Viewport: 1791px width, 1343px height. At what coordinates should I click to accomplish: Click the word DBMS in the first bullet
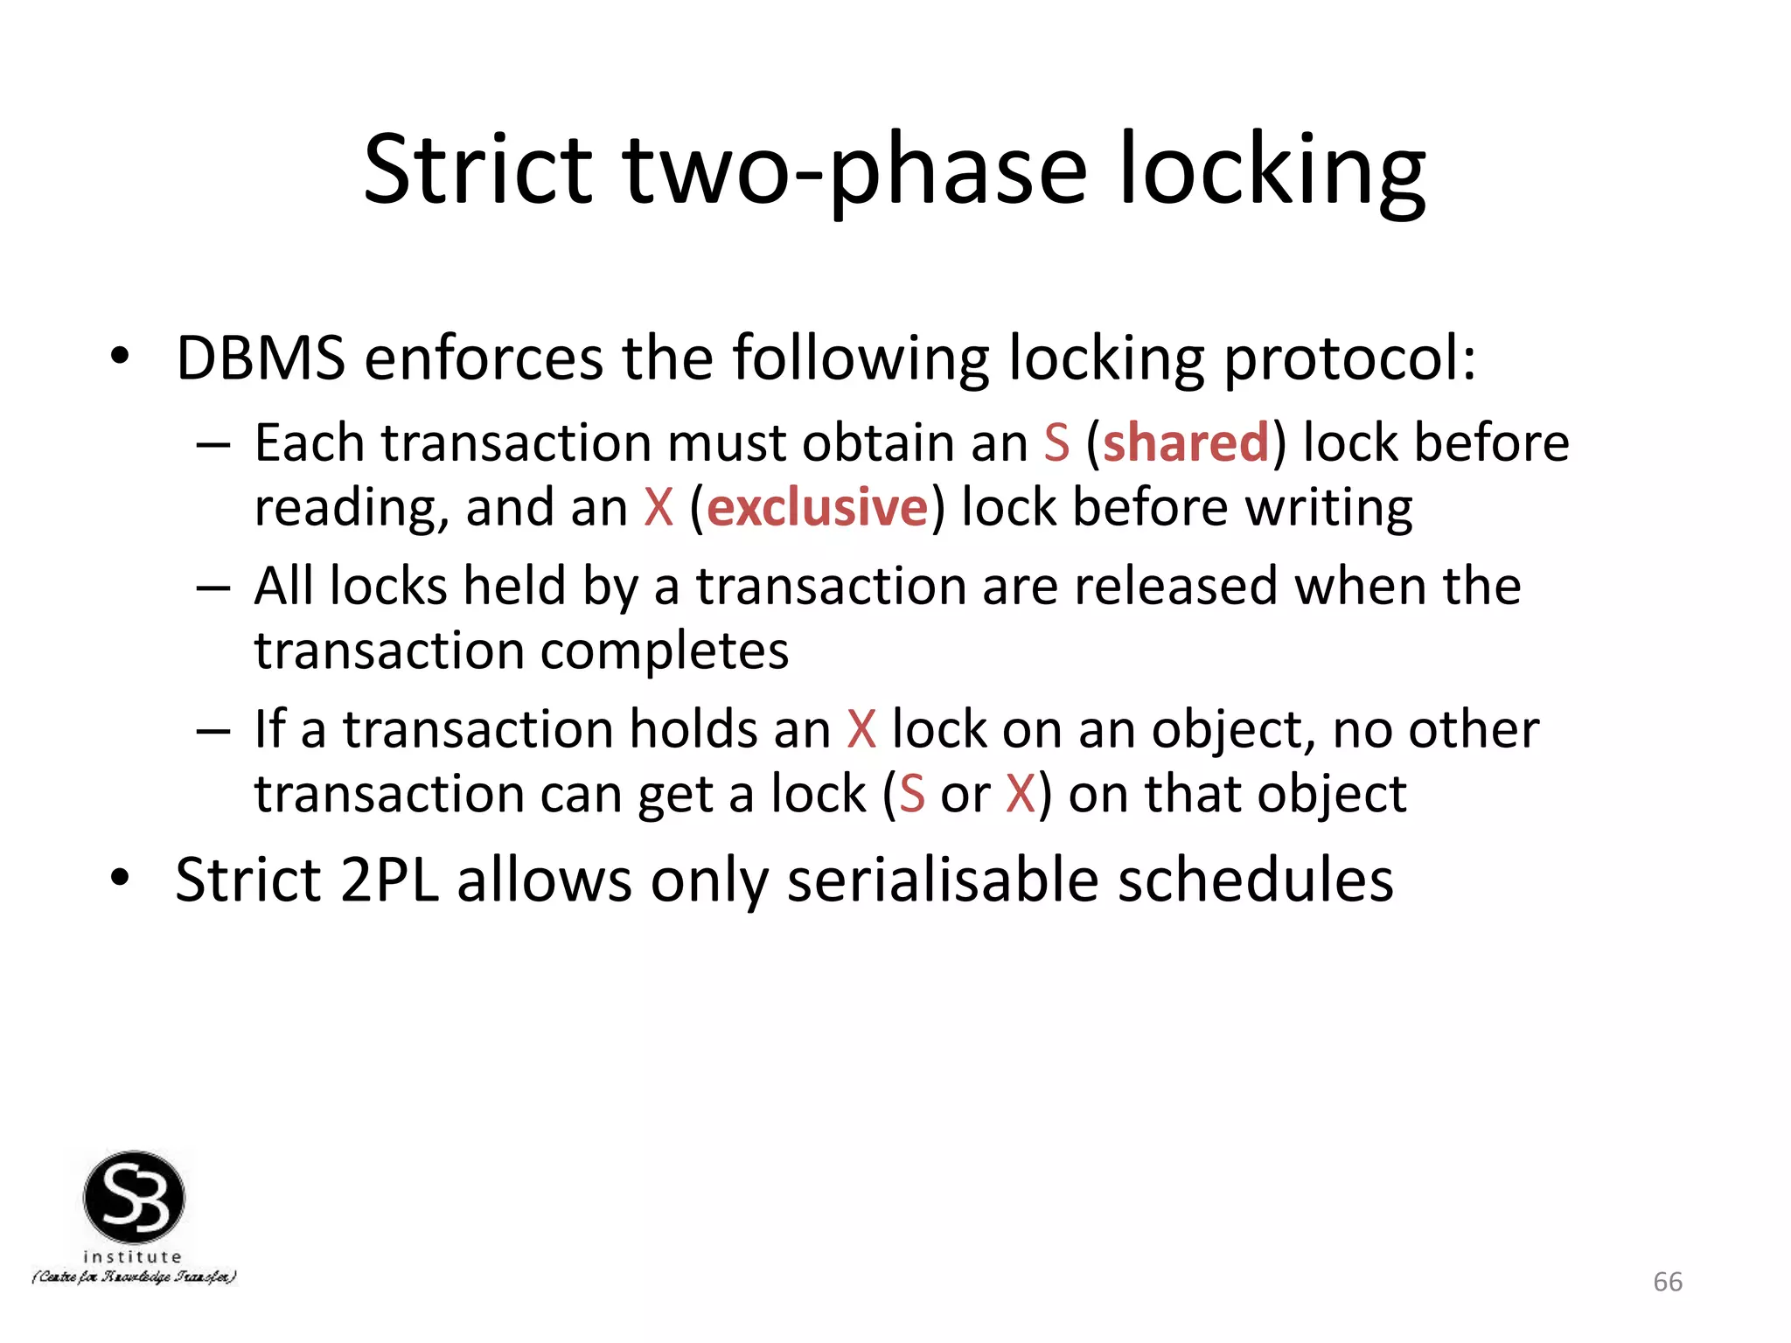click(x=261, y=358)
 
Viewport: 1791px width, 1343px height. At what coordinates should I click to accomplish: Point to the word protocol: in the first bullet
click(x=1349, y=359)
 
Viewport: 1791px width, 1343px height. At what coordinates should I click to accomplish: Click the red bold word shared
click(x=1185, y=442)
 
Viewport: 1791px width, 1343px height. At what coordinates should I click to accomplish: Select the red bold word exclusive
click(x=817, y=508)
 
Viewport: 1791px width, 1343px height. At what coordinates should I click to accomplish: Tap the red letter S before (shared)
click(x=1056, y=442)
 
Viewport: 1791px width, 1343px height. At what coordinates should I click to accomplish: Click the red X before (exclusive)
click(x=659, y=508)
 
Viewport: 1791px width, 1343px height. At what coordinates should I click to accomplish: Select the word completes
click(x=665, y=652)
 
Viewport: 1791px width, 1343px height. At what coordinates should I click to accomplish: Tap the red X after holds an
click(x=861, y=729)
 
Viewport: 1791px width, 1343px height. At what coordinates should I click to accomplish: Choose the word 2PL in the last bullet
click(x=389, y=880)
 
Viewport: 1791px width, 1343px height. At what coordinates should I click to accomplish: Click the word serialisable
click(x=943, y=880)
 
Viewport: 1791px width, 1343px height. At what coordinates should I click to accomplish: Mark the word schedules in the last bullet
click(x=1256, y=880)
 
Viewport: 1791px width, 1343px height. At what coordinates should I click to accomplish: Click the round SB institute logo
click(x=134, y=1197)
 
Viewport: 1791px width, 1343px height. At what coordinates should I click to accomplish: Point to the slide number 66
click(x=1667, y=1282)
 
